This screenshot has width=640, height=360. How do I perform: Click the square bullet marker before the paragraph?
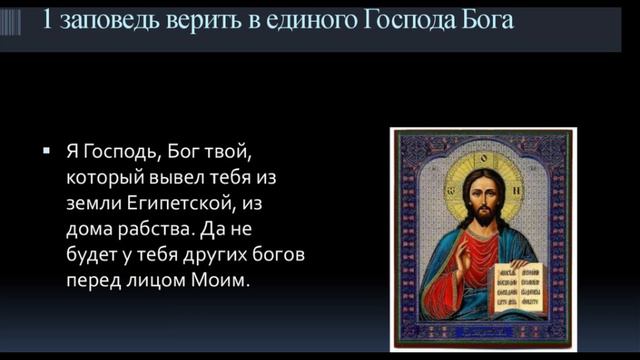click(x=46, y=151)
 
